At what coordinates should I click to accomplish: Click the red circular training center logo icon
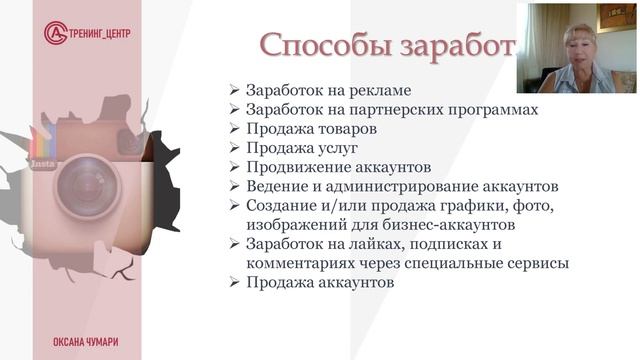(56, 32)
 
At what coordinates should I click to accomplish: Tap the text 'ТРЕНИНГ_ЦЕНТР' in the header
(101, 33)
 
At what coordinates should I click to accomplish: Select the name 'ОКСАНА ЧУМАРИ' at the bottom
(86, 341)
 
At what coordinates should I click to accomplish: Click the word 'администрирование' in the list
(414, 186)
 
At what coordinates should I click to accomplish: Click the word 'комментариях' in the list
(296, 263)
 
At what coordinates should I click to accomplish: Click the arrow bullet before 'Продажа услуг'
(234, 148)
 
